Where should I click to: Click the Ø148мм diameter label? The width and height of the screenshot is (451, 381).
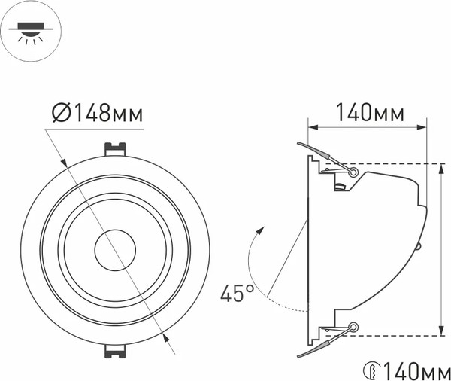(x=97, y=114)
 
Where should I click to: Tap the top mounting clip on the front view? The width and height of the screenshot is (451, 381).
(x=114, y=148)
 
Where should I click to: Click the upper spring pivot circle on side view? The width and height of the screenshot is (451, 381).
(x=353, y=171)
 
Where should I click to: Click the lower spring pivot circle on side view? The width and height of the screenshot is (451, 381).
(x=353, y=326)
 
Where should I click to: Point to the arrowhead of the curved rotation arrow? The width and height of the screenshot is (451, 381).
(x=260, y=229)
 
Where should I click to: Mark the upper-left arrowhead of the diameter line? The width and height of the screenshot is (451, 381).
(x=64, y=162)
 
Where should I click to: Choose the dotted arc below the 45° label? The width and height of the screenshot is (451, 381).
(x=289, y=305)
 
